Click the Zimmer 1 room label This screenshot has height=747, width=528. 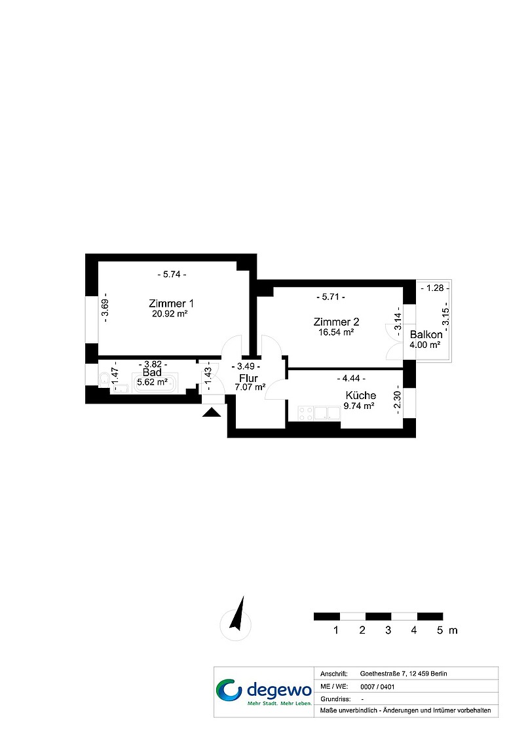[x=171, y=303]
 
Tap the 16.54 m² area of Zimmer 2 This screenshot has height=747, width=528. [x=336, y=332]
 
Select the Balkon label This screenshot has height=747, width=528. [x=426, y=334]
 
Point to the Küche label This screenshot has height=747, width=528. [x=361, y=395]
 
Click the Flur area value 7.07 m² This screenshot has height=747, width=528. [x=250, y=387]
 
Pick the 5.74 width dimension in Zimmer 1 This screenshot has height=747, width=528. [x=172, y=275]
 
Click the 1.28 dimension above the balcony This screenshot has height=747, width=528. [x=435, y=288]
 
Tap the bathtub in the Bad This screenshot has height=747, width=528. [x=155, y=383]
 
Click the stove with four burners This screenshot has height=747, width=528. [x=306, y=413]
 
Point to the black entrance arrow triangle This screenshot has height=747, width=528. [x=212, y=412]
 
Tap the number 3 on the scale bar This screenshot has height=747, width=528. [x=388, y=630]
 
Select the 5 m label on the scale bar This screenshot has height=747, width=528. [x=447, y=630]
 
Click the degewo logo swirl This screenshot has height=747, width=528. [x=229, y=690]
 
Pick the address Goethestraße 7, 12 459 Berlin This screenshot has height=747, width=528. [x=404, y=674]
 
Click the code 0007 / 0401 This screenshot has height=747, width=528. [x=377, y=687]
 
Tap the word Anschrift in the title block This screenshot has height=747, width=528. [x=333, y=674]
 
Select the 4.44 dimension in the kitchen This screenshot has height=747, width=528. [x=351, y=378]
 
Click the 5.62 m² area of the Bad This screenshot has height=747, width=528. [x=153, y=382]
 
